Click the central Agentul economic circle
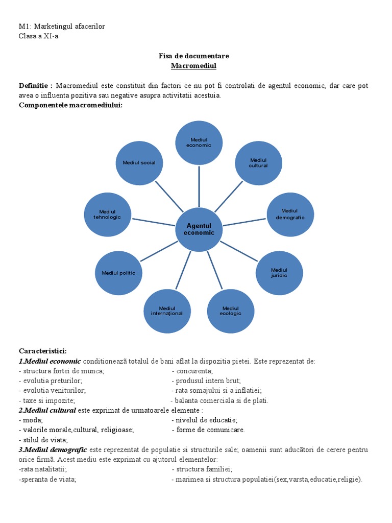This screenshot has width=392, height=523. click(199, 229)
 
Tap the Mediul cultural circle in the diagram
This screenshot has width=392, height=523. click(258, 162)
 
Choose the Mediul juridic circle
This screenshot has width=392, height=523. click(279, 273)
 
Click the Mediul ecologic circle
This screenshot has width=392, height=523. click(231, 311)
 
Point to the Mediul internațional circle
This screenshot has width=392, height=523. click(167, 311)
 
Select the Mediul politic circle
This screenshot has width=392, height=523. click(118, 273)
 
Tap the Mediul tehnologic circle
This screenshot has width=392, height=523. click(108, 214)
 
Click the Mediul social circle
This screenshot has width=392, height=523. click(139, 162)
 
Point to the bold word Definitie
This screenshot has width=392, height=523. click(36, 85)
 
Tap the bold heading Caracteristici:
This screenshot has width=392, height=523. click(43, 351)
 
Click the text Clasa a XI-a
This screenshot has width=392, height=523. click(38, 36)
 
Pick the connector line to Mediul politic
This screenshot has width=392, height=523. click(160, 251)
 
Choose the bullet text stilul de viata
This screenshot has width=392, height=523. click(44, 440)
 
